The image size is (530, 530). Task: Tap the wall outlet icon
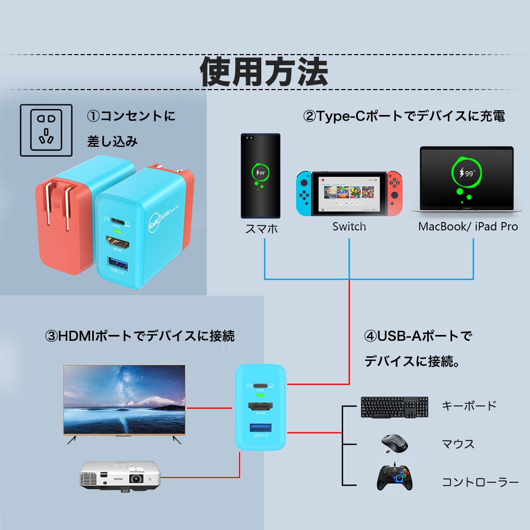click(x=46, y=130)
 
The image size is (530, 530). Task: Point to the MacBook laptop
click(x=466, y=180)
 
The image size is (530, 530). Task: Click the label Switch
click(x=349, y=227)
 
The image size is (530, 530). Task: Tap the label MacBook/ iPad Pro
click(x=468, y=227)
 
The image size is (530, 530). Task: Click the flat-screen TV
click(x=124, y=400)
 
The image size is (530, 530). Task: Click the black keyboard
click(x=394, y=407)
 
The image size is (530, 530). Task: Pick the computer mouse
click(x=394, y=443)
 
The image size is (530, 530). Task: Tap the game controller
click(x=395, y=477)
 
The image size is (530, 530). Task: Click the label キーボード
click(x=469, y=406)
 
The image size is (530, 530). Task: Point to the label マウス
click(x=458, y=444)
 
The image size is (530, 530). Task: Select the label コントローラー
click(x=480, y=482)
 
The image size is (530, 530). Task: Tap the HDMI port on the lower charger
click(x=261, y=407)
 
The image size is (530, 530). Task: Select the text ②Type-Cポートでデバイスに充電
click(x=403, y=116)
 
